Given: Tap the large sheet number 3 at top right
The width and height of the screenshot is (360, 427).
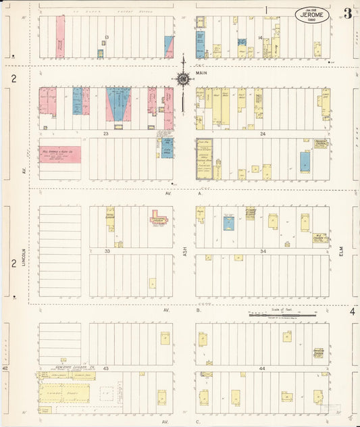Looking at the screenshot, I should (347, 14).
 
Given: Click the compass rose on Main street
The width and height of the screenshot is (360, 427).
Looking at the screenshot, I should (183, 80).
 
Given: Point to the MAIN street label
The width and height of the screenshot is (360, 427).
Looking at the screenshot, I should (202, 72).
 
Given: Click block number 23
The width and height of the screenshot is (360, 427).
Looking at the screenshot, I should (106, 134).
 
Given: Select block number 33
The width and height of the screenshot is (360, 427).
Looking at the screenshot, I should (106, 251).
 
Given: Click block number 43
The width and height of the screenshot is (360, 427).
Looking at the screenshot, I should (106, 368).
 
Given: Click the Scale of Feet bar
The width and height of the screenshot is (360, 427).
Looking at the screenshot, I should (282, 314).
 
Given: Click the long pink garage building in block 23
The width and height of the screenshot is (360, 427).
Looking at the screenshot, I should (59, 154).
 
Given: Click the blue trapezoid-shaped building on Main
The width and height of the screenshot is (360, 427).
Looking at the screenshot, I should (119, 105).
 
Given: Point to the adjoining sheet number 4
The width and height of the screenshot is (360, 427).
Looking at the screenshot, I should (352, 311).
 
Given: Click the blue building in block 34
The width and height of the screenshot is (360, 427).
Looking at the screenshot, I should (228, 224).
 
